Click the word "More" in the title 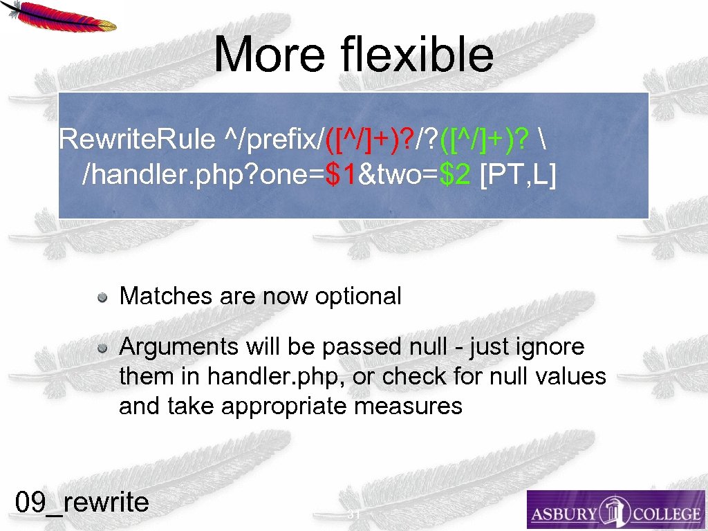coord(269,55)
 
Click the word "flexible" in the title coord(417,55)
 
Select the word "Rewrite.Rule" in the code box coord(137,139)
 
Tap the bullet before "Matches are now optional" coord(102,297)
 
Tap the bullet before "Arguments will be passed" coord(102,348)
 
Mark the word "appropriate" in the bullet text coord(285,406)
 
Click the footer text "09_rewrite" coord(82,501)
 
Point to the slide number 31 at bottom coord(354,514)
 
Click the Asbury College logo coord(615,510)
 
